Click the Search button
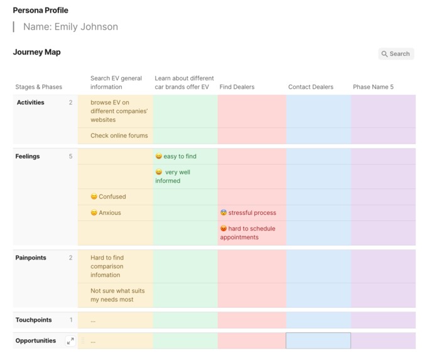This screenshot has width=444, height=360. click(396, 54)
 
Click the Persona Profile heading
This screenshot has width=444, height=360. click(41, 11)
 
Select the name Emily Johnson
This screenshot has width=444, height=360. click(70, 27)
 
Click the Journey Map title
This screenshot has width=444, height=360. click(36, 52)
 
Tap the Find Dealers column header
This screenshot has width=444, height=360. click(237, 87)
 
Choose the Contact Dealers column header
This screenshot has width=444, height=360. click(310, 87)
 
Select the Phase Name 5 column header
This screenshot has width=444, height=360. click(373, 87)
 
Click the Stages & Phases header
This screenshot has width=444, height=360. click(38, 87)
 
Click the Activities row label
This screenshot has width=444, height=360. click(30, 102)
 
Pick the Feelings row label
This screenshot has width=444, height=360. click(28, 156)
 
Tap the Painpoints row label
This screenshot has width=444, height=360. click(31, 258)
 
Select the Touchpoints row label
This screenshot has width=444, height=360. click(33, 320)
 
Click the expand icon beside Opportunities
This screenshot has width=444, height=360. click(70, 341)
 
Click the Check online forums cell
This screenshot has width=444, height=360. click(119, 136)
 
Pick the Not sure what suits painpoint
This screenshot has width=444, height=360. click(112, 295)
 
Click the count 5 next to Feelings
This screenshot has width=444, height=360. click(71, 156)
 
